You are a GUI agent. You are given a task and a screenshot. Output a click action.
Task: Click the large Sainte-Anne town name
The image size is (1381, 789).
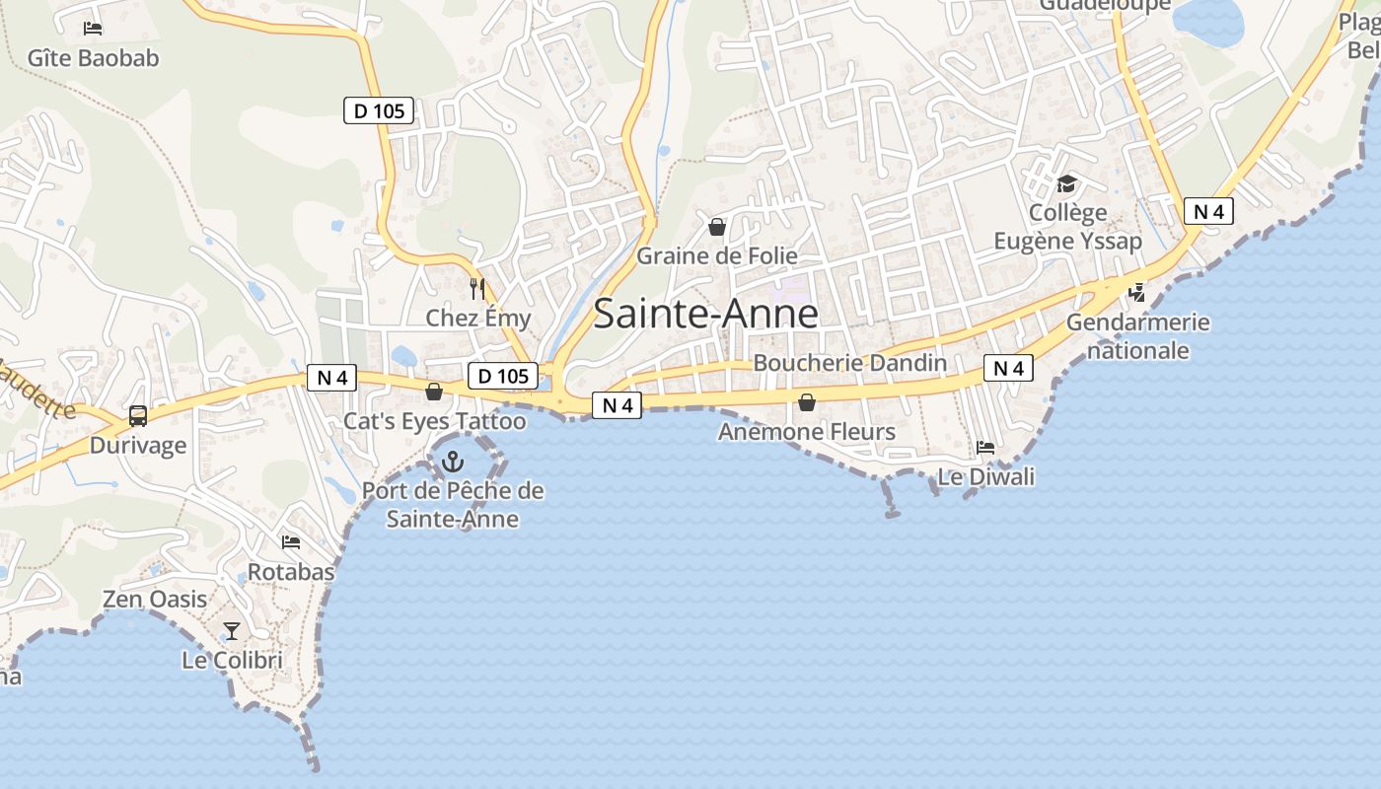coord(705,314)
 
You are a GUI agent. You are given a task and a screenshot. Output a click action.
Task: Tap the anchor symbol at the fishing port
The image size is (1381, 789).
coord(452,461)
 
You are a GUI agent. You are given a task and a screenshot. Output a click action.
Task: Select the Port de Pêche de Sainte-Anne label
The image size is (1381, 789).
coord(452,504)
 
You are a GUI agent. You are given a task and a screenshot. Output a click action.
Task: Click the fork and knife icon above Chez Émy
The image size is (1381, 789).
coord(477,289)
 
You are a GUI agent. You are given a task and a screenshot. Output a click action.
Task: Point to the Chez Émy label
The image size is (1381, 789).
coord(477,319)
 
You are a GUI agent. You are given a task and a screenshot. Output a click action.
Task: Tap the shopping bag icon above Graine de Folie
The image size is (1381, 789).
coord(717,227)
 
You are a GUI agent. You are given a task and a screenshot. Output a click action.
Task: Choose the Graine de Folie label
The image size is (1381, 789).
coord(717,256)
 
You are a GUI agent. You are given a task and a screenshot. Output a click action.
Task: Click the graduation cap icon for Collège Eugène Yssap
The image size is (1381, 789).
coord(1066,183)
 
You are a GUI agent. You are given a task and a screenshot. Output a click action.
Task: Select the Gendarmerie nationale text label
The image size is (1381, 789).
coord(1138,336)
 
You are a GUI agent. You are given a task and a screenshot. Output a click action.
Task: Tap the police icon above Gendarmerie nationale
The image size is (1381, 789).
coord(1137,292)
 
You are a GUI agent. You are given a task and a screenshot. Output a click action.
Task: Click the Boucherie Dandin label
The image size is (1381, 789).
coord(849,363)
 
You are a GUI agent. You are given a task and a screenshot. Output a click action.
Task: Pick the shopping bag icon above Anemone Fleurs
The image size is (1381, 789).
coord(807,402)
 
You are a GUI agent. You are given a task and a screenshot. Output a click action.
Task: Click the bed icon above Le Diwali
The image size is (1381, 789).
coord(984,448)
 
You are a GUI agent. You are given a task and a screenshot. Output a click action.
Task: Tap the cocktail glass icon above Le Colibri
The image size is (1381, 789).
coord(232,631)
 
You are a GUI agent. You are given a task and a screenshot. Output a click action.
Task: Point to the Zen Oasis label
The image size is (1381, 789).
coord(155,600)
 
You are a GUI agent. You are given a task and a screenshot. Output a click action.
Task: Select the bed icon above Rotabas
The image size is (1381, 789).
coord(290,542)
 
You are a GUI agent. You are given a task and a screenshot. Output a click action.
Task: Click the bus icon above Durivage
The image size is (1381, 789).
coord(138,416)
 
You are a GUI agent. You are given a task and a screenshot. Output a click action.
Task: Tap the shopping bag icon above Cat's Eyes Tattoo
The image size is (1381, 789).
coord(434,393)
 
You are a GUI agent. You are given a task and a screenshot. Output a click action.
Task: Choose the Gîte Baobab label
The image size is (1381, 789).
coord(93,58)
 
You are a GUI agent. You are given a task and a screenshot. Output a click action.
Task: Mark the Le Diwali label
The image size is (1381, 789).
coord(985,477)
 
